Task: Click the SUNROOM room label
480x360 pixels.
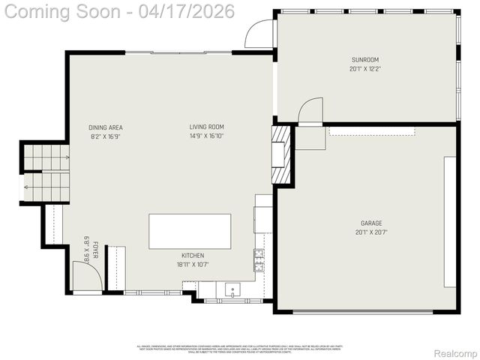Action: pyautogui.click(x=365, y=59)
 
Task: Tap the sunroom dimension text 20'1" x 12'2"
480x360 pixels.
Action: pyautogui.click(x=365, y=69)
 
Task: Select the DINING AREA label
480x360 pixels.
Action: pyautogui.click(x=106, y=127)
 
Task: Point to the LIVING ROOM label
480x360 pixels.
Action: pyautogui.click(x=206, y=127)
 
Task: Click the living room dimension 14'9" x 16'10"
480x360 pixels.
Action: pyautogui.click(x=206, y=136)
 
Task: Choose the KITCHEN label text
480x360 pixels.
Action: pyautogui.click(x=192, y=255)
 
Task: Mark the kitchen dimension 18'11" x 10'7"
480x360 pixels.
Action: pyautogui.click(x=192, y=264)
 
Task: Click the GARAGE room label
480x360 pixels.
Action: pyautogui.click(x=371, y=223)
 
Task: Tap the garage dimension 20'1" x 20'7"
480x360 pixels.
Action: pyautogui.click(x=371, y=232)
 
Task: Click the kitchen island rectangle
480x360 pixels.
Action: pyautogui.click(x=190, y=231)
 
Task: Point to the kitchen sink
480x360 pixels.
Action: pyautogui.click(x=233, y=289)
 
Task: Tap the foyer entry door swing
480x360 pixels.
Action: pyautogui.click(x=85, y=276)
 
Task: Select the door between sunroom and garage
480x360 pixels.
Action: pyautogui.click(x=310, y=112)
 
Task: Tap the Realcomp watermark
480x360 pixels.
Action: pyautogui.click(x=455, y=353)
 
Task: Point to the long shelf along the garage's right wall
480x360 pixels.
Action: pyautogui.click(x=450, y=221)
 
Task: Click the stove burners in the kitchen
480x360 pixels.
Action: pyautogui.click(x=259, y=259)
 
